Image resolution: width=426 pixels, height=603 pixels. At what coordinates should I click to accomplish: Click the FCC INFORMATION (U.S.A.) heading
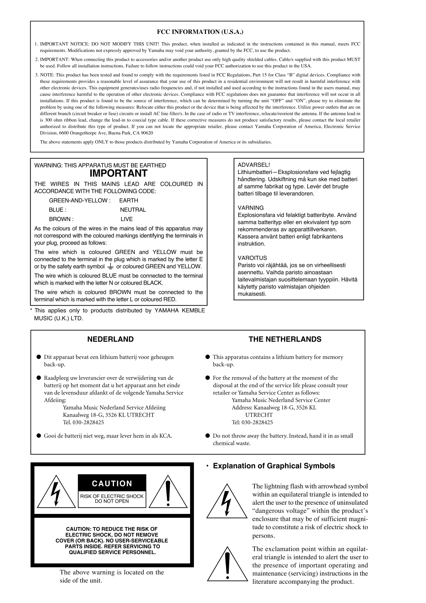coord(200,32)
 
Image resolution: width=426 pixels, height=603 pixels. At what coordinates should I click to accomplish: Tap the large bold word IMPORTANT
coord(119,173)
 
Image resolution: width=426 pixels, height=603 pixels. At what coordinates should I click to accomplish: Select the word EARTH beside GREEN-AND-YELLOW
coord(129,200)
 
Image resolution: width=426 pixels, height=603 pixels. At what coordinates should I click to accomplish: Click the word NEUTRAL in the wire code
coord(133,210)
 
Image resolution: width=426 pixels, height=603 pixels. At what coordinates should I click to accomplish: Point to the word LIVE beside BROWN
coord(127,219)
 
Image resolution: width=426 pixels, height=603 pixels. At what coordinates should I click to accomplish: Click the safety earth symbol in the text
coord(110,266)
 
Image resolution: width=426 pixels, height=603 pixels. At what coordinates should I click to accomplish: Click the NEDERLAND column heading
coord(110,339)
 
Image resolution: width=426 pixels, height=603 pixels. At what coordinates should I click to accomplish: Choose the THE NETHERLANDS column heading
coord(285,339)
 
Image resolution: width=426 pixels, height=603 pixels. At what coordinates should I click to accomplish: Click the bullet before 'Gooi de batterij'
coord(39,436)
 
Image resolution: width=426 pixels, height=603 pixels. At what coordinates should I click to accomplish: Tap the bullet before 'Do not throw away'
coord(208,436)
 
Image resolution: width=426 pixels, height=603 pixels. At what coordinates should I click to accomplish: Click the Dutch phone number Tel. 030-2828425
coord(83,422)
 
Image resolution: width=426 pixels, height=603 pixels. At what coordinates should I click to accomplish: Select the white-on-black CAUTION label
coord(112,484)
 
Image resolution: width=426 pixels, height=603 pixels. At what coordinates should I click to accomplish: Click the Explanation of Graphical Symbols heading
coord(274,466)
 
